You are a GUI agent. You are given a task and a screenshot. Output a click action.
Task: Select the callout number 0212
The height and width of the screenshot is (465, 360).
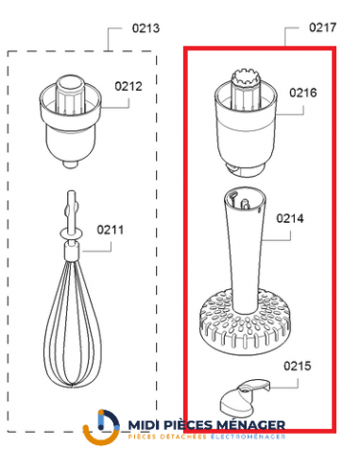tap(129, 86)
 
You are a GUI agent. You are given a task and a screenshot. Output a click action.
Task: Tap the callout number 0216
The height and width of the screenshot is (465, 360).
tap(302, 93)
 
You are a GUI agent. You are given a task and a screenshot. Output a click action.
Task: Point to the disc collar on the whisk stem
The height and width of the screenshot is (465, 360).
tap(67, 231)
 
